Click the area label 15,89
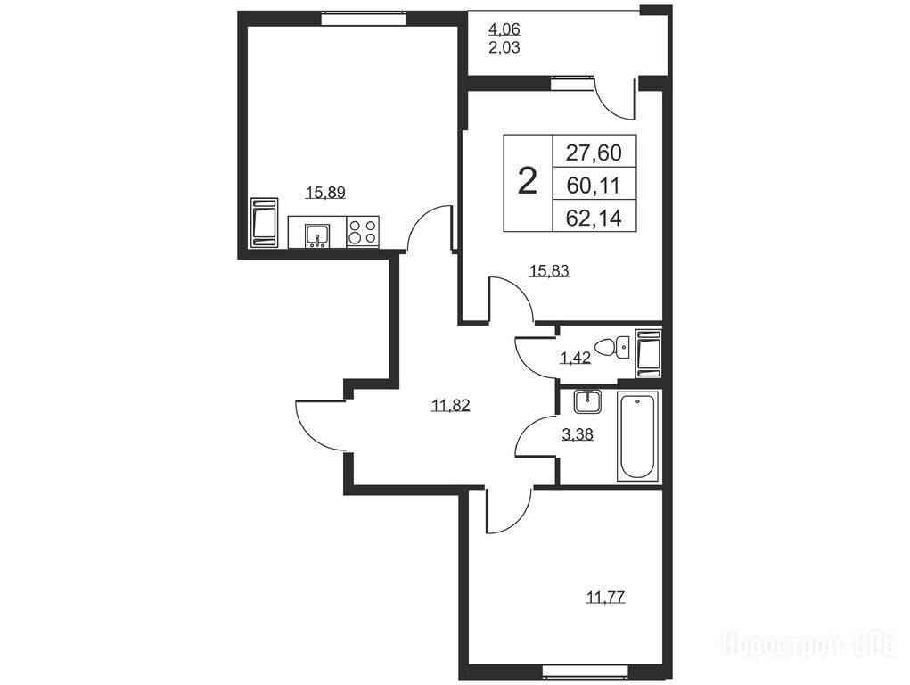(325, 193)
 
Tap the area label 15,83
(549, 271)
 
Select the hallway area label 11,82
(450, 405)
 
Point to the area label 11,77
(606, 598)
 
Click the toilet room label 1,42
(575, 358)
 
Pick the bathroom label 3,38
(578, 434)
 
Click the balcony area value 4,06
(504, 29)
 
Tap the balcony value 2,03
(504, 47)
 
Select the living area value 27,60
(594, 153)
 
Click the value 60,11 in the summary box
(594, 186)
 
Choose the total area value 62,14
(594, 219)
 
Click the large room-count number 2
(527, 181)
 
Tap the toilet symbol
(614, 348)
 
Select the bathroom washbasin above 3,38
(588, 401)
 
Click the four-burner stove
(363, 232)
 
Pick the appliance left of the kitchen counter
(265, 222)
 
